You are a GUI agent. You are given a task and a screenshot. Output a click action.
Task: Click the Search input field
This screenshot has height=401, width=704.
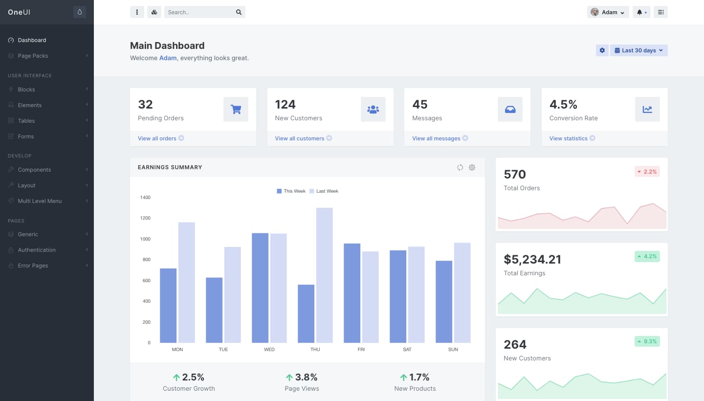[200, 12]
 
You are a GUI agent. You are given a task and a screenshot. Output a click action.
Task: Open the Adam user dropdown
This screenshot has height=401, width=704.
[608, 12]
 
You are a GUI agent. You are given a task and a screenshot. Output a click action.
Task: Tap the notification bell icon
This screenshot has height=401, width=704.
[639, 12]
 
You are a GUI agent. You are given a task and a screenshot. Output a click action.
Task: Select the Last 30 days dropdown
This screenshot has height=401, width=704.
[638, 50]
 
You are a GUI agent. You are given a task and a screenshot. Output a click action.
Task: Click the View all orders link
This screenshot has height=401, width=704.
[157, 138]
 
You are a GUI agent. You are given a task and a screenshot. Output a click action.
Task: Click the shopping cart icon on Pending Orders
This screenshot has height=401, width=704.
[236, 109]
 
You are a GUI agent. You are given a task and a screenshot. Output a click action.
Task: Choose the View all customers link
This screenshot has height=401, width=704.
[299, 138]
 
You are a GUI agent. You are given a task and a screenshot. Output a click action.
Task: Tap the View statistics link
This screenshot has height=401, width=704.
[568, 138]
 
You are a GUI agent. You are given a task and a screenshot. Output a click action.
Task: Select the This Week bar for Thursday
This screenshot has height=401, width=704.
[306, 313]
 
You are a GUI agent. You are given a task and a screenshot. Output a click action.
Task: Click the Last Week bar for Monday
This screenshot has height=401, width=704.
[187, 282]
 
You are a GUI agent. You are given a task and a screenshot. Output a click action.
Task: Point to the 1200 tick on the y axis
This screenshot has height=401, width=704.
[145, 218]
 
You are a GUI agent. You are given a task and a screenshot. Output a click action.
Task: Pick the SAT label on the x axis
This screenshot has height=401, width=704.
[407, 350]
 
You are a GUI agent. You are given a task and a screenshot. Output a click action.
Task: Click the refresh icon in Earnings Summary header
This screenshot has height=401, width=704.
[460, 167]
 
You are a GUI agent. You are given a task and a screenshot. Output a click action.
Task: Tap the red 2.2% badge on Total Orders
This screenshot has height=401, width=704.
[647, 172]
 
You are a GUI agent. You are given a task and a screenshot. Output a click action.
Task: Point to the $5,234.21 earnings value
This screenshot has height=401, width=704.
[532, 259]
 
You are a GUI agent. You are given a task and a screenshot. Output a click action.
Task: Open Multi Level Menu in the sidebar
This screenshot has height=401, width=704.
[40, 201]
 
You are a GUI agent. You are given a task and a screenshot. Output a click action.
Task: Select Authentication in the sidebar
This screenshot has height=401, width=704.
[37, 250]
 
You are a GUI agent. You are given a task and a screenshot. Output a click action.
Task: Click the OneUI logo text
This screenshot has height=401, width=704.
[19, 12]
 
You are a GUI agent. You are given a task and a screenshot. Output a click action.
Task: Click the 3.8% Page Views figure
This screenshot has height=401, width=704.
[302, 377]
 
